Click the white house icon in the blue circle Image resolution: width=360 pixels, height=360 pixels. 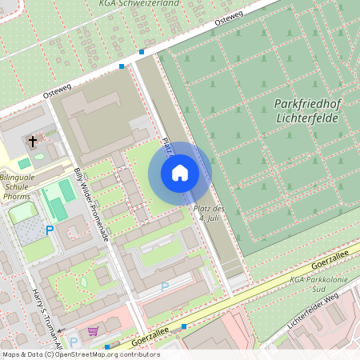pos(180,173)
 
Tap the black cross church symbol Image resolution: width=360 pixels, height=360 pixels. pos(33,142)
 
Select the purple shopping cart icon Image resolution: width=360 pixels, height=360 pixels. pos(94,330)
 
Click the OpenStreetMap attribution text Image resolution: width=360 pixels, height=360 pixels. pos(80,354)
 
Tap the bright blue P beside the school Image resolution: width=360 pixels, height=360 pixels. pos(49,230)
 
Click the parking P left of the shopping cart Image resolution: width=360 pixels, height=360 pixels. pos(74,342)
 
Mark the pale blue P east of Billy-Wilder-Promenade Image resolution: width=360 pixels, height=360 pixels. pos(165,286)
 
